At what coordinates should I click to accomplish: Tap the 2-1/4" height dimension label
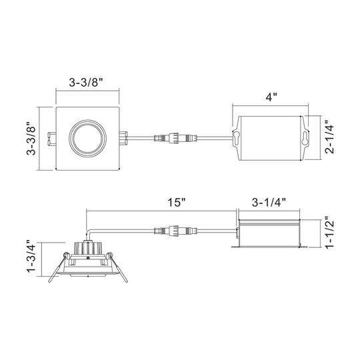pos(329,137)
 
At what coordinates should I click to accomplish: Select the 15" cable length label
pos(176,203)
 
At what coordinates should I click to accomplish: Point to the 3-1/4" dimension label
pos(269,203)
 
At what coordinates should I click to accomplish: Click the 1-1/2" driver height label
pos(329,232)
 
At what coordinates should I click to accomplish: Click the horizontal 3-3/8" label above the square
pos(86,83)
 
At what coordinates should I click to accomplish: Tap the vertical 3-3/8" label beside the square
pos(31,138)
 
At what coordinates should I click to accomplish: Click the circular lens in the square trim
pos(87,139)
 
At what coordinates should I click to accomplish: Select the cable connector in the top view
pos(175,139)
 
